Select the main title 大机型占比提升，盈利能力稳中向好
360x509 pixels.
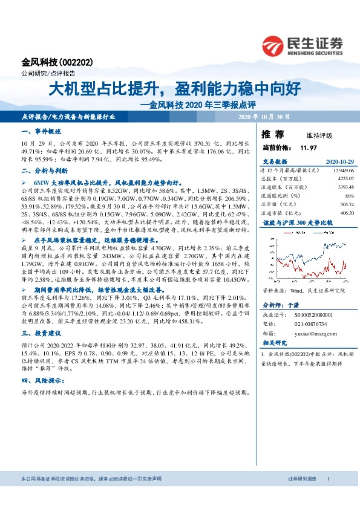coord(174,90)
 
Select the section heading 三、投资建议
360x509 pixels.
coord(42,332)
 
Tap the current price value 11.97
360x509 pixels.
coord(309,147)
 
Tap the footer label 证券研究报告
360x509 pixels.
coord(303,478)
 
